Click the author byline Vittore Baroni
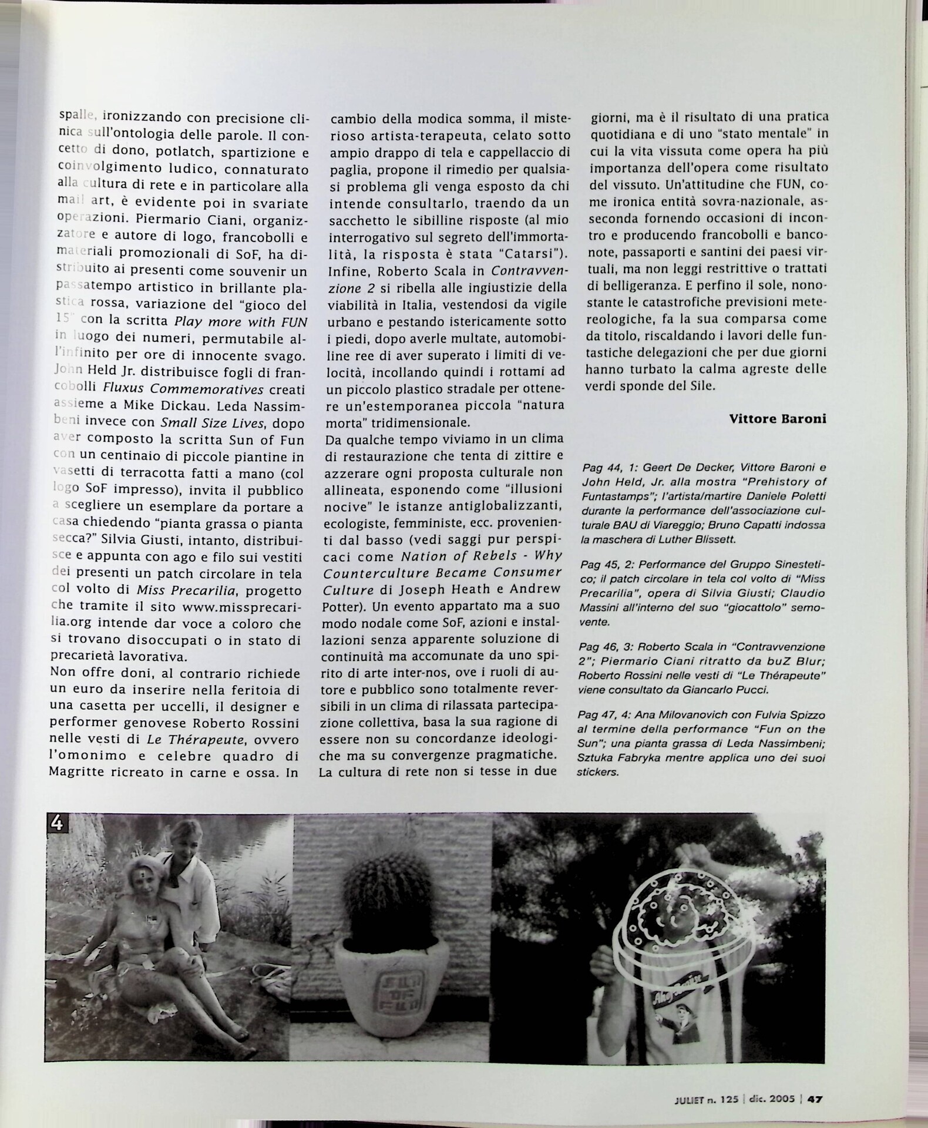(777, 419)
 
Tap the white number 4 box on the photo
(58, 823)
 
